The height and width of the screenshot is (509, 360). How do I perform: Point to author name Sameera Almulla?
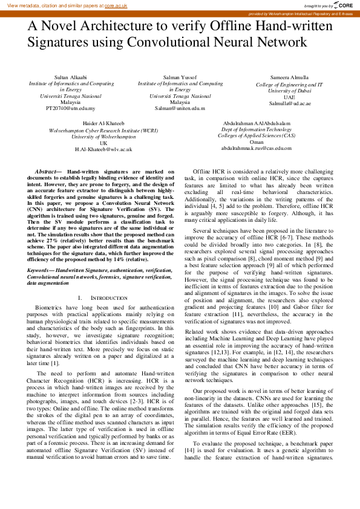click(x=289, y=78)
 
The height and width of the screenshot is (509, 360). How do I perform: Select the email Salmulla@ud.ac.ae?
click(x=289, y=103)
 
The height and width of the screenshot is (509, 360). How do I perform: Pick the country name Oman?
click(x=257, y=142)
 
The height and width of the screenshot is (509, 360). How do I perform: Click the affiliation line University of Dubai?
click(x=289, y=91)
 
